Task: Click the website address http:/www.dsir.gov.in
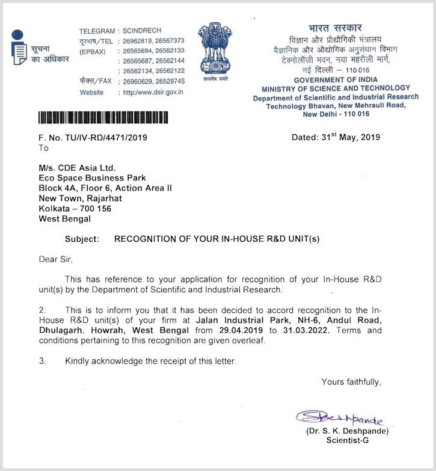(153, 93)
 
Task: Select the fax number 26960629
(137, 81)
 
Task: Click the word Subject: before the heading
(82, 239)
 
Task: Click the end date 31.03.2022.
(301, 330)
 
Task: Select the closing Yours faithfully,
(351, 381)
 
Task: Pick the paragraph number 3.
(42, 361)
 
